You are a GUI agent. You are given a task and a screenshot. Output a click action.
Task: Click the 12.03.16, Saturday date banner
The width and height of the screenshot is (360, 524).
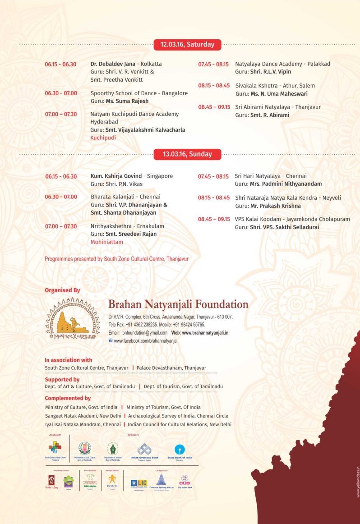pyautogui.click(x=187, y=44)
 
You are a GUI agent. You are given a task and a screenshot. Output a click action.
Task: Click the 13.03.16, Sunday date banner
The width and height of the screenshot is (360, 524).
pyautogui.click(x=187, y=154)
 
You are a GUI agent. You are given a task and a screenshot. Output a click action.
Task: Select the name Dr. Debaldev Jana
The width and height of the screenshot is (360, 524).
pyautogui.click(x=112, y=64)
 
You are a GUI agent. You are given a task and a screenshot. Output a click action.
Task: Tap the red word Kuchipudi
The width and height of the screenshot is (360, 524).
pyautogui.click(x=103, y=138)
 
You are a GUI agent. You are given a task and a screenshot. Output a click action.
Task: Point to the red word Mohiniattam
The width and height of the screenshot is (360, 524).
pyautogui.click(x=106, y=242)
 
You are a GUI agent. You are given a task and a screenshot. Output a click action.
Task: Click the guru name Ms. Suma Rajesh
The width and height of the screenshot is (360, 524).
pyautogui.click(x=127, y=101)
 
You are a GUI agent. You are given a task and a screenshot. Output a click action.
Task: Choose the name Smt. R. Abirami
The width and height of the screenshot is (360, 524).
pyautogui.click(x=269, y=115)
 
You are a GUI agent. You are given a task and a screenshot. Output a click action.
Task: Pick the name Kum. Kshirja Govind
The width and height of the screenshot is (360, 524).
pyautogui.click(x=115, y=176)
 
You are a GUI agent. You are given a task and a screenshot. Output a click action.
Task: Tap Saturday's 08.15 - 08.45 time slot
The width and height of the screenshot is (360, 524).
pyautogui.click(x=214, y=85)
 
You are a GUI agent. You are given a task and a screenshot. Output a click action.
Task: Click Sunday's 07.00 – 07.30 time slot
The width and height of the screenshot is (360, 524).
pyautogui.click(x=61, y=226)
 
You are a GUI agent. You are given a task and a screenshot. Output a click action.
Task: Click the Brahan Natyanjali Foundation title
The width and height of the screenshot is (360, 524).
pyautogui.click(x=178, y=304)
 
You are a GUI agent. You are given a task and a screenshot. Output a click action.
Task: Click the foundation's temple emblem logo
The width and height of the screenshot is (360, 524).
pyautogui.click(x=72, y=318)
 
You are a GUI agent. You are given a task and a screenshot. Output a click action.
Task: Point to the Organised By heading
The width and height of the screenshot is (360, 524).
pyautogui.click(x=62, y=290)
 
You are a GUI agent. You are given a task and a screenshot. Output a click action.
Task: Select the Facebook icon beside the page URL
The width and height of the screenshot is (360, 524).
pyautogui.click(x=111, y=341)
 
